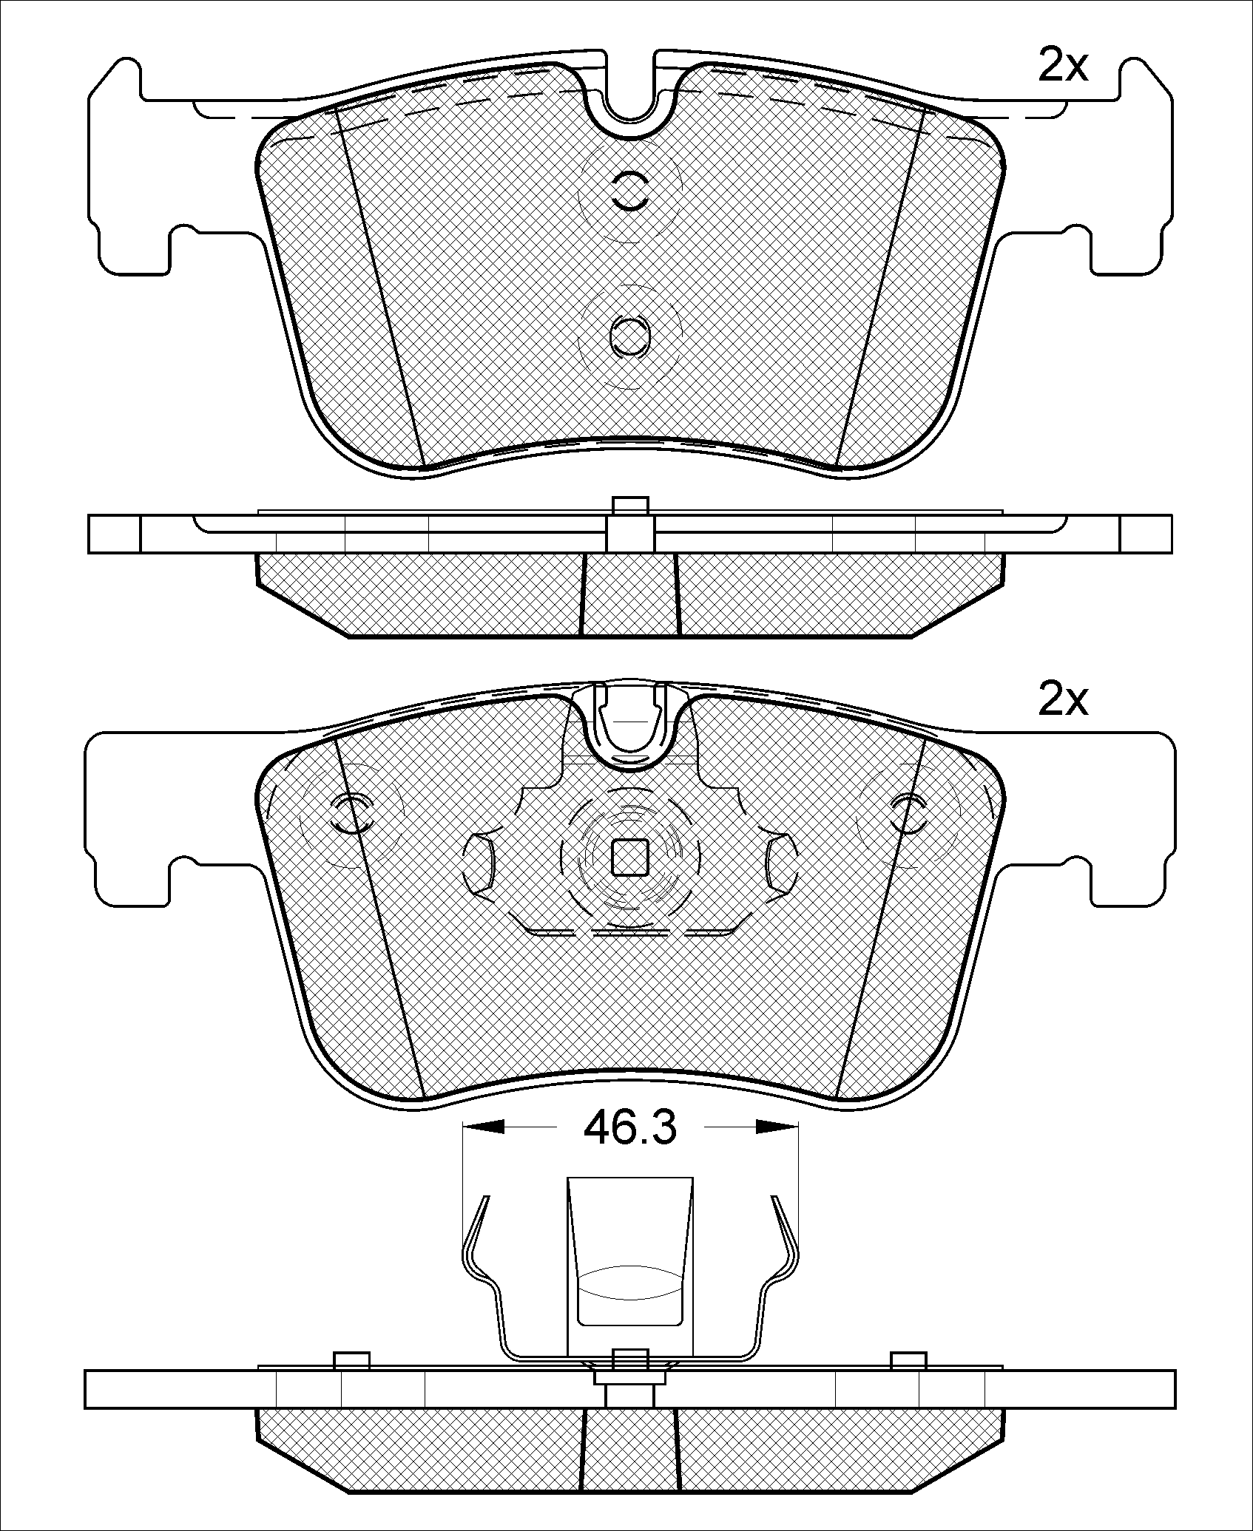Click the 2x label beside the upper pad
coord(1063,67)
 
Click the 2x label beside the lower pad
coord(1063,699)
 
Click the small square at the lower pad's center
coord(630,857)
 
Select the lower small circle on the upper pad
coord(630,336)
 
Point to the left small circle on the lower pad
coord(354,813)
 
